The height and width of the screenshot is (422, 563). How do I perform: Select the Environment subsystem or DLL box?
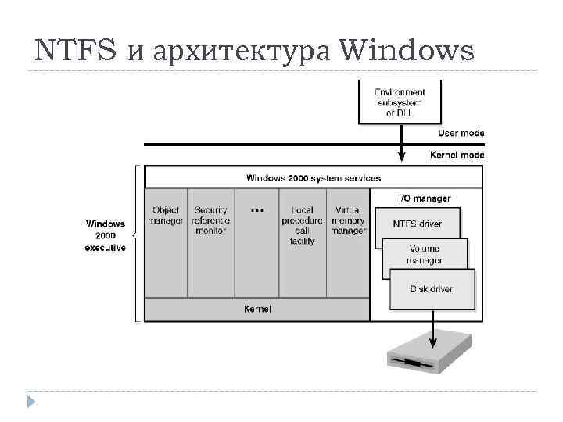[400, 102]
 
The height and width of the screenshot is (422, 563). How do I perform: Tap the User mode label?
[461, 133]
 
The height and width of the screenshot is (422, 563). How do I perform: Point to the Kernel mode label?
[457, 155]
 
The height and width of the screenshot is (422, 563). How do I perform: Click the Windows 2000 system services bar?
[314, 177]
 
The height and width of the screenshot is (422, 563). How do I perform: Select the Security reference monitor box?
[211, 220]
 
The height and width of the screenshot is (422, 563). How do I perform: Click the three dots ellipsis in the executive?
[256, 210]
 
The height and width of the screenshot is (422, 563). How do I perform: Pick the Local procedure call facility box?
[302, 225]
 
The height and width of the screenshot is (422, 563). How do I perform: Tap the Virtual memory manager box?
[348, 220]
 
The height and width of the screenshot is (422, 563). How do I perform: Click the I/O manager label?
[425, 198]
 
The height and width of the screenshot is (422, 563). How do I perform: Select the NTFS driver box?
[417, 224]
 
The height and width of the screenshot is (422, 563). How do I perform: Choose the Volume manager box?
[425, 254]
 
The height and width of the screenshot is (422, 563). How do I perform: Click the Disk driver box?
[432, 289]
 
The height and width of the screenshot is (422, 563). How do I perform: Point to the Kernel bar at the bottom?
[257, 309]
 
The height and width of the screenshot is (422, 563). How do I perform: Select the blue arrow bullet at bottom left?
[30, 402]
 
